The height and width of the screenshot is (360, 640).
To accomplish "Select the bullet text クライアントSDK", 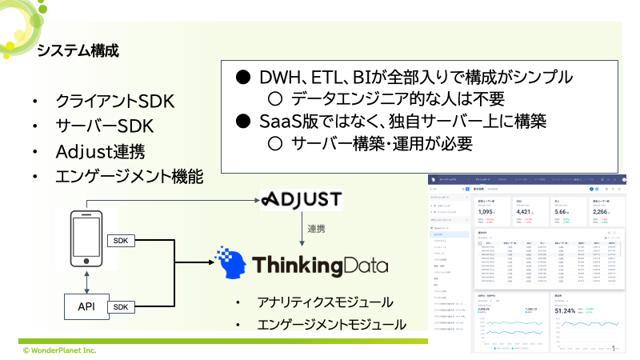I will tap(114, 102).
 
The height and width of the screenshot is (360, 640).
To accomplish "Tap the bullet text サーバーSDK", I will tap(104, 127).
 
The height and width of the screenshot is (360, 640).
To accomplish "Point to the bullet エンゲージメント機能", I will tap(129, 177).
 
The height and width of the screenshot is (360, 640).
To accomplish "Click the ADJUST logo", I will tap(302, 199).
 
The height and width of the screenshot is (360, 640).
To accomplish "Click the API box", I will tap(85, 307).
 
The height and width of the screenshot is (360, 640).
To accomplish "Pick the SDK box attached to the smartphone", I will tap(122, 242).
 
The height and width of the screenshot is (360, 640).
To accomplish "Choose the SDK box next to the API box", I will tap(122, 307).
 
